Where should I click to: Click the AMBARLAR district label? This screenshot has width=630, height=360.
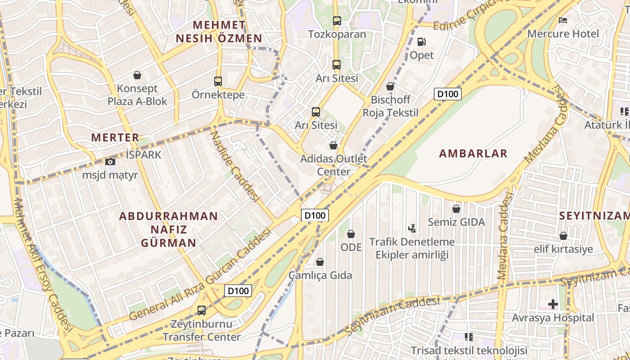tap(473, 153)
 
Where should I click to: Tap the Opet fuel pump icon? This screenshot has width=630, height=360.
tap(422, 42)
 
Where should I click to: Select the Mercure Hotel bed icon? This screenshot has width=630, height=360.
tap(562, 20)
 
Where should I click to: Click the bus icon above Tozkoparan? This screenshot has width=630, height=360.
tap(337, 21)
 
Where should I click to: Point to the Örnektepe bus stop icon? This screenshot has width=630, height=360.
tap(218, 81)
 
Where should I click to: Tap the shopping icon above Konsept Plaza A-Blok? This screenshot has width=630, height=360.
tap(137, 75)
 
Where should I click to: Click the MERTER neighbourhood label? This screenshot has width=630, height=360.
tap(115, 138)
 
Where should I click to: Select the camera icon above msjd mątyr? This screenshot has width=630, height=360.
tap(110, 162)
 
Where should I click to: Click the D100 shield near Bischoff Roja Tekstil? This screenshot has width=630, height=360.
tap(448, 94)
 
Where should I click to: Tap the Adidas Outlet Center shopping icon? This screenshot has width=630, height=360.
tap(333, 145)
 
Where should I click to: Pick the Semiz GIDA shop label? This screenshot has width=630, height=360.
tap(456, 222)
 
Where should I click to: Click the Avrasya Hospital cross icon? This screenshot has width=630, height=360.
tap(553, 305)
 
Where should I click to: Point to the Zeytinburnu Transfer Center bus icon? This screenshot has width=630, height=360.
tap(202, 310)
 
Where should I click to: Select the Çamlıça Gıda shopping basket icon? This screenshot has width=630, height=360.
tap(320, 262)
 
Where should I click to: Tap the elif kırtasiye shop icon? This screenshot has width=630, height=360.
tap(563, 236)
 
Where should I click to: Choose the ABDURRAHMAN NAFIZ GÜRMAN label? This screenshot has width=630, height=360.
tap(168, 229)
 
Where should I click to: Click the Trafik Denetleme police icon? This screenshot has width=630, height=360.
tap(412, 229)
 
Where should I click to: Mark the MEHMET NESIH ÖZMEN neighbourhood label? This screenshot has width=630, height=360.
tap(219, 31)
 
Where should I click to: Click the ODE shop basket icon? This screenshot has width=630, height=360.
tap(351, 234)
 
